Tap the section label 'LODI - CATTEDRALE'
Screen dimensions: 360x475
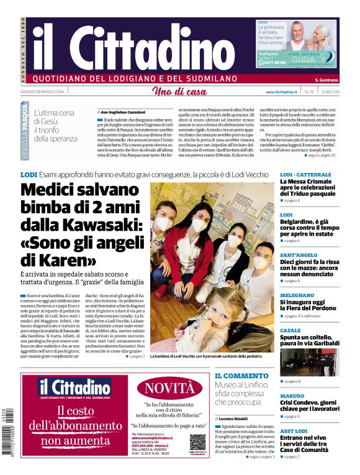coord(305,175)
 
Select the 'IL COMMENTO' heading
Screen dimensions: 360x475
coord(242,376)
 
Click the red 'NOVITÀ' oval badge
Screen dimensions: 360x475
coord(169,389)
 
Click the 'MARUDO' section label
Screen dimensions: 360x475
coord(292,395)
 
